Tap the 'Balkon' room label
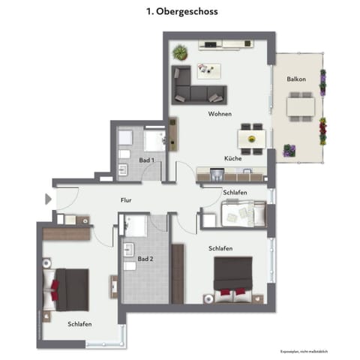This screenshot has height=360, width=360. pyautogui.click(x=295, y=79)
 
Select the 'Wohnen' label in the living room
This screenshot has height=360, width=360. pyautogui.click(x=220, y=114)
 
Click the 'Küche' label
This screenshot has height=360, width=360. pyautogui.click(x=232, y=158)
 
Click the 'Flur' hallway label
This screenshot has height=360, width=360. pyautogui.click(x=127, y=200)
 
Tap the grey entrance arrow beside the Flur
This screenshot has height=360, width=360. pyautogui.click(x=49, y=199)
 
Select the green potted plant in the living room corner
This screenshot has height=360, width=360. pyautogui.click(x=180, y=52)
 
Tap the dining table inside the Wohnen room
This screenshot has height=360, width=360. pyautogui.click(x=250, y=139)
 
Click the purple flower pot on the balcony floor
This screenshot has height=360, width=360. pyautogui.click(x=288, y=150)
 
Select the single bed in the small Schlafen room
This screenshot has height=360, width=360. pyautogui.click(x=240, y=216)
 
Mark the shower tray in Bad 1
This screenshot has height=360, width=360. pyautogui.click(x=154, y=139)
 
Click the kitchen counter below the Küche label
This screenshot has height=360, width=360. pyautogui.click(x=229, y=175)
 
